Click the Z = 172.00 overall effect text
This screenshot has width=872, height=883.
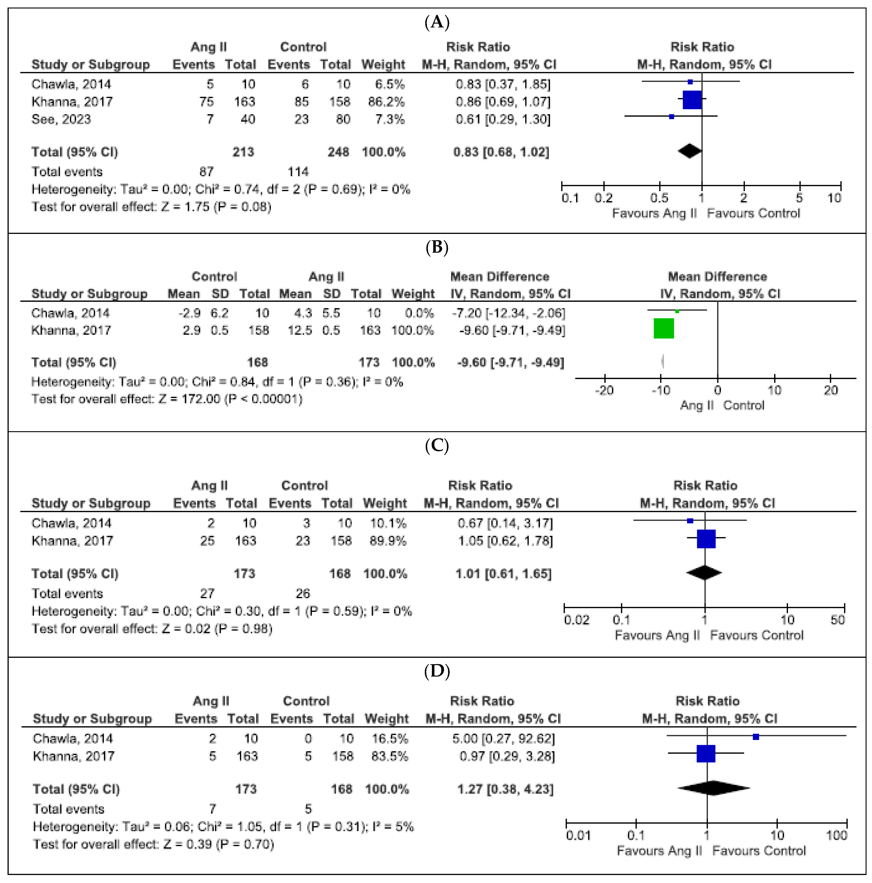coord(166,399)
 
